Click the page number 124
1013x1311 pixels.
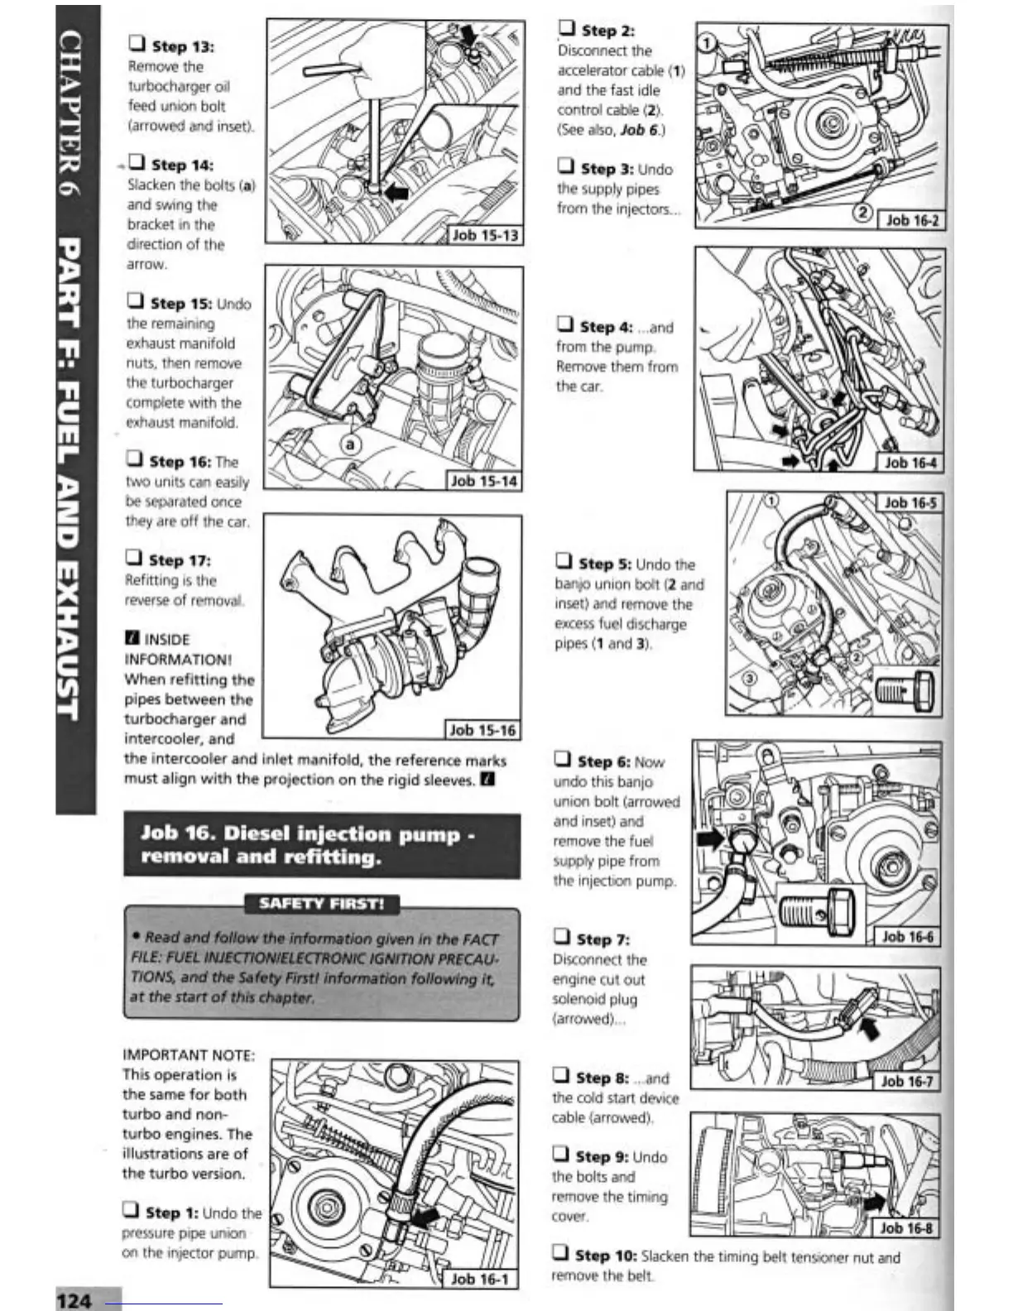click(x=74, y=1299)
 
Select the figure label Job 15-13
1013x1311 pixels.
click(x=485, y=235)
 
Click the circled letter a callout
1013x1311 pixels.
click(x=351, y=444)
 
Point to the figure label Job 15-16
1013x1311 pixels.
click(x=482, y=730)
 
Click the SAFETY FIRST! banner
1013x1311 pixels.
click(x=321, y=903)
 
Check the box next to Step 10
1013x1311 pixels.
click(x=561, y=1253)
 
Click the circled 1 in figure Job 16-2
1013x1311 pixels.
click(x=706, y=42)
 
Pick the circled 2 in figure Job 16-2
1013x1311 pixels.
click(x=862, y=213)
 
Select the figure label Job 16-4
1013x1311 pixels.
click(x=910, y=463)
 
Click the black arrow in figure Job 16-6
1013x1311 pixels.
click(x=711, y=838)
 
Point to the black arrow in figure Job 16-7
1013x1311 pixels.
click(x=870, y=1030)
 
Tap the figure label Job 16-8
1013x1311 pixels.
click(x=906, y=1228)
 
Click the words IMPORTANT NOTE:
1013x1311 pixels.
click(x=189, y=1054)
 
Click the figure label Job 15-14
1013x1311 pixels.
click(x=483, y=481)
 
